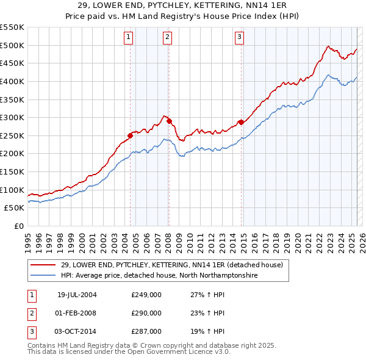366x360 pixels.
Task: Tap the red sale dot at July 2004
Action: point(131,135)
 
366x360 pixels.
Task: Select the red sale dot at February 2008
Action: point(169,121)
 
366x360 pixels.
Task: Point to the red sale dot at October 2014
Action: point(241,122)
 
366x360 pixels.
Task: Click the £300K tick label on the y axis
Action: point(12,117)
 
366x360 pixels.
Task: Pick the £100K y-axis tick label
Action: point(12,190)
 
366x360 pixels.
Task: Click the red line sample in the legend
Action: point(44,265)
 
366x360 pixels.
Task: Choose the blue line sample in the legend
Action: point(44,276)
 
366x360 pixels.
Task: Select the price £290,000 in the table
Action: point(146,313)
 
